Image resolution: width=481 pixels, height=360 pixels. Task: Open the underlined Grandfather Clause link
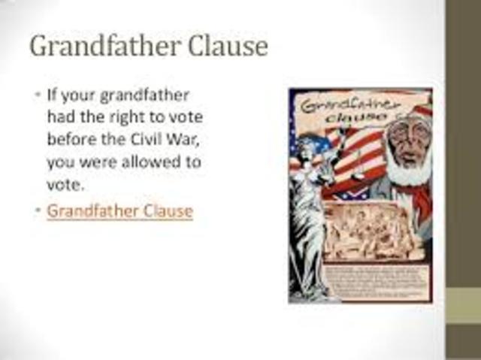[x=119, y=210]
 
